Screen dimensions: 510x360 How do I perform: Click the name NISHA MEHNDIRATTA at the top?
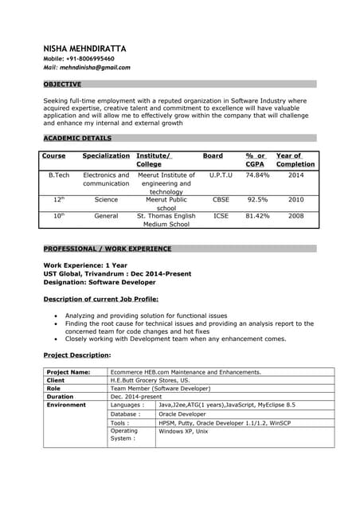pos(84,49)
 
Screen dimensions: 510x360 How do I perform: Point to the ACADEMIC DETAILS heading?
pos(77,138)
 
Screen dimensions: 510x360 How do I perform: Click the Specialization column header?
pos(106,156)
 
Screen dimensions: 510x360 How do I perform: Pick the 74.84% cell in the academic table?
pos(257,175)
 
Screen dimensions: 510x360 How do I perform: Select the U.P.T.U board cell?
pos(221,175)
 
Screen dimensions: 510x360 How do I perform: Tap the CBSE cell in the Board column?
pos(221,200)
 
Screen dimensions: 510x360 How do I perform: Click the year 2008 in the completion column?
pos(295,216)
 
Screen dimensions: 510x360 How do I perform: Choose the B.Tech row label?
pos(59,175)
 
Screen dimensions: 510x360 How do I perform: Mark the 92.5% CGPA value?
pos(257,200)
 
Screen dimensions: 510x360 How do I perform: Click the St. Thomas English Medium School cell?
pos(166,220)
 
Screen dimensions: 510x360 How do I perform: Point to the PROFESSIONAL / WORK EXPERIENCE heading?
pos(108,249)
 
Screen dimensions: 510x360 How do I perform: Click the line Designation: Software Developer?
pos(100,282)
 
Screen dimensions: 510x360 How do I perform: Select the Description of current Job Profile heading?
pos(100,299)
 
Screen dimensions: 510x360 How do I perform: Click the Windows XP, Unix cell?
pos(183,431)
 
